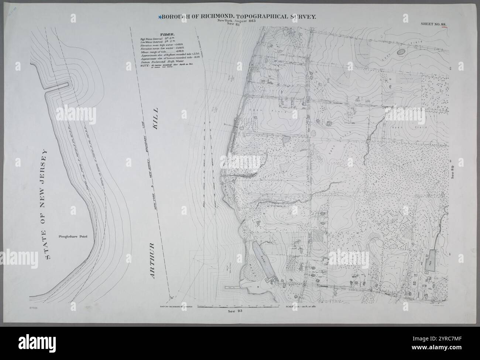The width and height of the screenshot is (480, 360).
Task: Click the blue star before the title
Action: click(160, 17)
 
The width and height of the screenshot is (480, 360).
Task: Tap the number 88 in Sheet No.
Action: click(443, 24)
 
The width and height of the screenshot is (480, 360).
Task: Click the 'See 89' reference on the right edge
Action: click(453, 172)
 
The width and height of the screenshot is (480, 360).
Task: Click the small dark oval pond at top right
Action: click(401, 52)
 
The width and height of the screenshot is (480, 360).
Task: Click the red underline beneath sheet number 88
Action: click(443, 27)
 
